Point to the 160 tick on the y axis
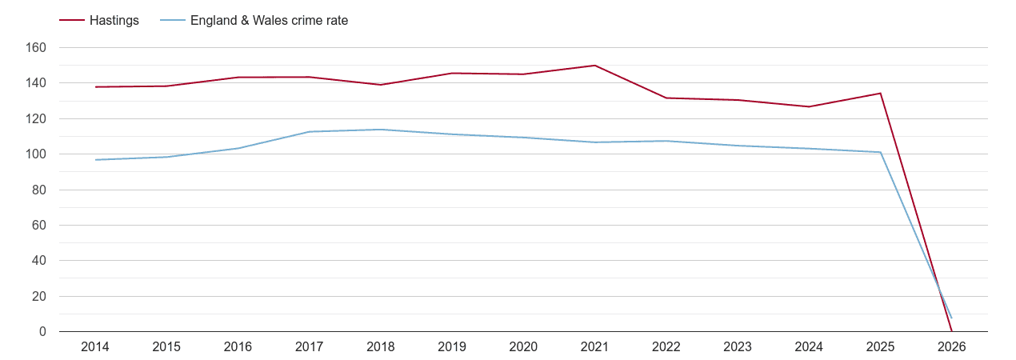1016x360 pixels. pos(37,48)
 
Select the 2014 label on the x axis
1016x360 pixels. pos(95,347)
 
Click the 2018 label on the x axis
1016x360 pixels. pos(381,347)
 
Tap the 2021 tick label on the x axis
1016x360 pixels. pos(595,347)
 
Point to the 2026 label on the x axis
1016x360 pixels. pos(952,347)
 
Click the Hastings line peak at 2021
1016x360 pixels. pos(595,66)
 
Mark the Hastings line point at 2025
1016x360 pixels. pos(881,94)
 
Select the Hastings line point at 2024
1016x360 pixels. pos(809,106)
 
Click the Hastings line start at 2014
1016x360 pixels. pos(95,87)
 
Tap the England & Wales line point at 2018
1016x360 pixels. pos(381,130)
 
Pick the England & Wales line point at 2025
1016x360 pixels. pos(881,152)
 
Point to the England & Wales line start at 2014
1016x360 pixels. pos(95,160)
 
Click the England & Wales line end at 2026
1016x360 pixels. pos(952,318)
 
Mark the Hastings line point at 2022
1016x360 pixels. pos(666,98)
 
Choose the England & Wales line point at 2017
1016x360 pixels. pos(310,132)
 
